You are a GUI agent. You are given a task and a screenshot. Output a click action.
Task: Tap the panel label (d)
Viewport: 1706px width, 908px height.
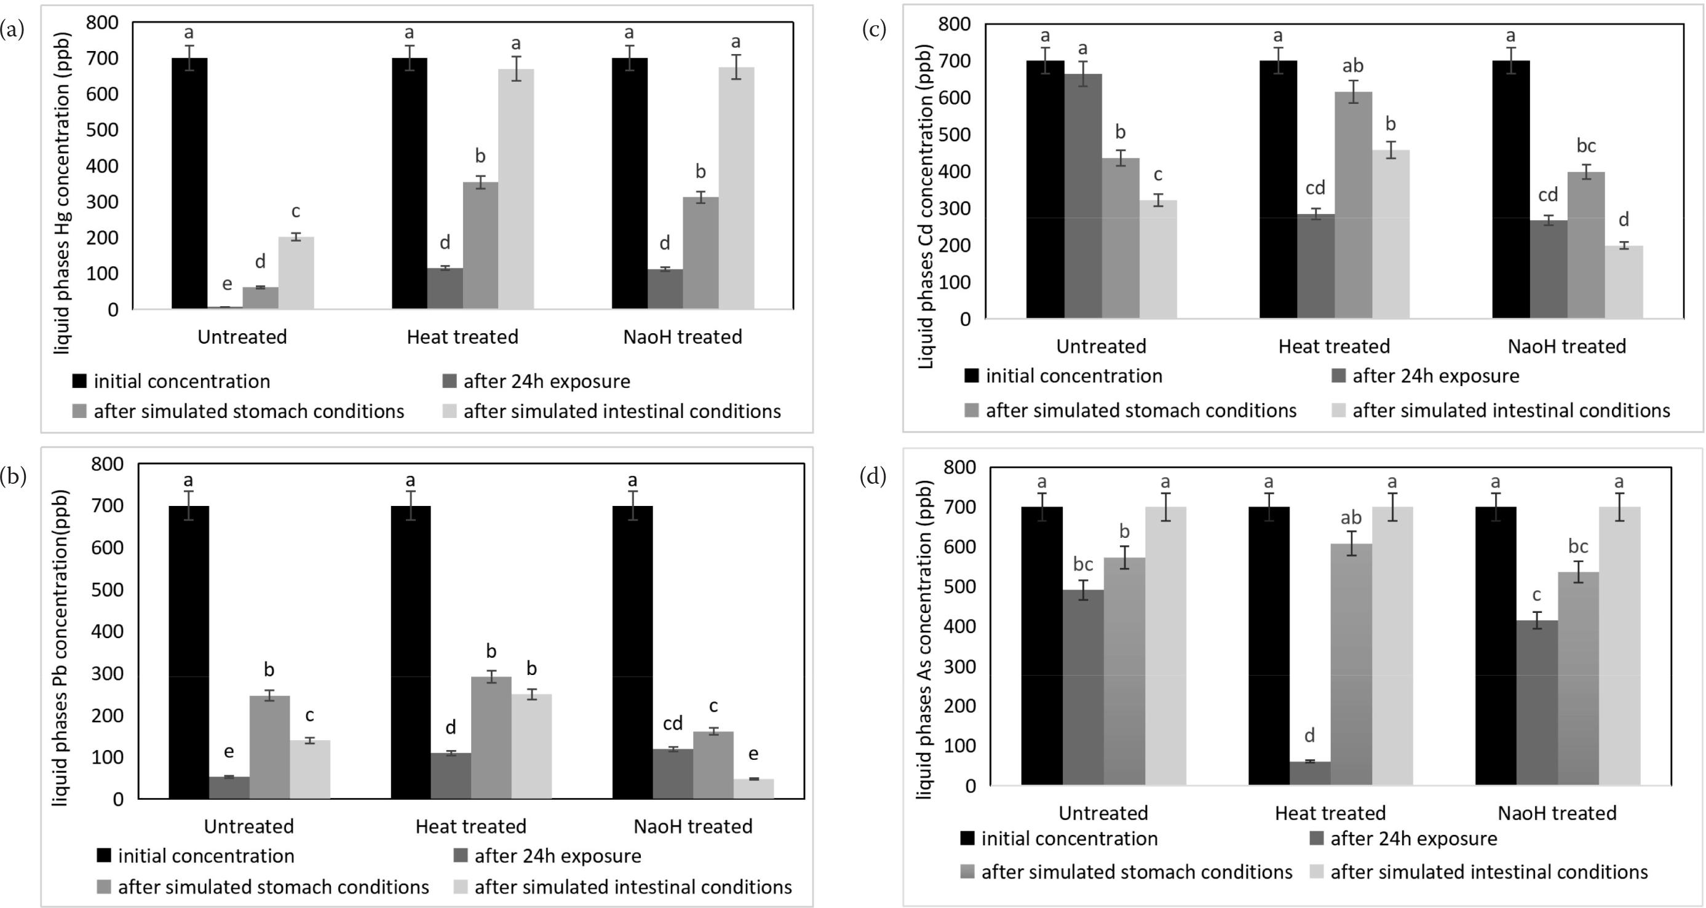click(x=872, y=477)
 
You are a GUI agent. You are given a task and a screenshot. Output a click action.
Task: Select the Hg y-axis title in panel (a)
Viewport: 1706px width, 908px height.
click(x=62, y=192)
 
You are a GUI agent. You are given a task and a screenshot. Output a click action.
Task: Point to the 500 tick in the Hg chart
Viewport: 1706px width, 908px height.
click(x=102, y=130)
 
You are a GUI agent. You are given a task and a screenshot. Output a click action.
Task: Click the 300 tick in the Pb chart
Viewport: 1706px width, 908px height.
click(x=109, y=674)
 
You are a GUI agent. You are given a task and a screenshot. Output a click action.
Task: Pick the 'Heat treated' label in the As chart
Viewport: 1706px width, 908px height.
click(x=1330, y=813)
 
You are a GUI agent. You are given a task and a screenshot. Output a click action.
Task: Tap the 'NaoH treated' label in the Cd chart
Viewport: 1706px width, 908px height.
click(x=1566, y=346)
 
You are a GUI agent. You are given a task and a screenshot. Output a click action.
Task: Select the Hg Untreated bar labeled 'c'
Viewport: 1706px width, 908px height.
click(x=296, y=273)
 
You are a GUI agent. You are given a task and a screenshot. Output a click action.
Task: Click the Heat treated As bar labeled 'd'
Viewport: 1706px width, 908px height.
click(x=1309, y=773)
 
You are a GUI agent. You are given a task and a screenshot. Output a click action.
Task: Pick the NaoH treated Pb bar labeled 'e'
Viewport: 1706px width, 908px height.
click(x=753, y=789)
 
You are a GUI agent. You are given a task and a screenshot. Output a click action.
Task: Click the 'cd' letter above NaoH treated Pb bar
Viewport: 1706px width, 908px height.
click(x=672, y=724)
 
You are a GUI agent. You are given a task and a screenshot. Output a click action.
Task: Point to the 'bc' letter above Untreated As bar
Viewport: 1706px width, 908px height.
click(x=1083, y=564)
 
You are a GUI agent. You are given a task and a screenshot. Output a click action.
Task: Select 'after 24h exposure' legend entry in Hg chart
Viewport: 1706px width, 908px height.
click(x=546, y=382)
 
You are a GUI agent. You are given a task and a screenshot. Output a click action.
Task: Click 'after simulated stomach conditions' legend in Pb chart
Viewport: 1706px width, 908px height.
click(x=273, y=887)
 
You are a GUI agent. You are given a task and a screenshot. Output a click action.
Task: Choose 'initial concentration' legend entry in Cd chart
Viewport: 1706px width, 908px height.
click(x=1074, y=376)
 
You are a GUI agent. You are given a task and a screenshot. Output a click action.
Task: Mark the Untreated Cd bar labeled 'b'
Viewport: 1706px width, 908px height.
click(x=1121, y=239)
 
